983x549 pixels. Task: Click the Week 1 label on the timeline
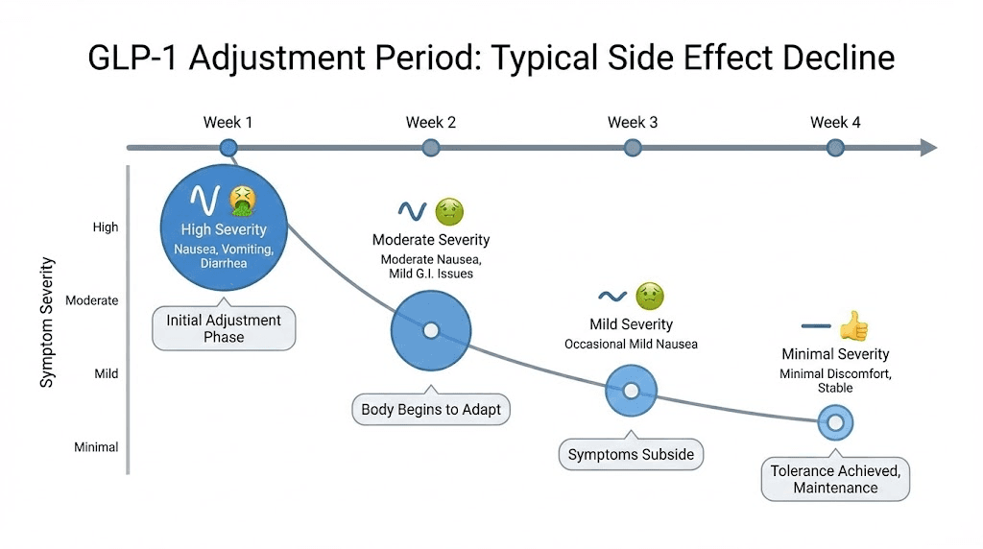tap(228, 122)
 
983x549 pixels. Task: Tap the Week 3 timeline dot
tap(632, 148)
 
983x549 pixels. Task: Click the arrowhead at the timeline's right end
tap(927, 148)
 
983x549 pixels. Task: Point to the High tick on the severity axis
tap(106, 227)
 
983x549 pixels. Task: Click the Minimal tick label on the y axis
tap(96, 446)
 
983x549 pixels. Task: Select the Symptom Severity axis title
tap(47, 322)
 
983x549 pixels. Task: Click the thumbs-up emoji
tap(853, 325)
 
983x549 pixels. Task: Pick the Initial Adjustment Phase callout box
tap(224, 328)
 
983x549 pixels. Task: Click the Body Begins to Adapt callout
tap(431, 410)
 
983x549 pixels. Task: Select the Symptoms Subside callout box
tap(631, 454)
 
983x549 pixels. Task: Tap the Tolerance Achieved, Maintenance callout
tap(835, 479)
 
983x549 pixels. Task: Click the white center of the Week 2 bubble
tap(431, 331)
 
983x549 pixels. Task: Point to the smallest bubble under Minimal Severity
tap(835, 421)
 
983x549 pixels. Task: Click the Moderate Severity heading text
tap(431, 240)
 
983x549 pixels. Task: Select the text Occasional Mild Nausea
tap(631, 344)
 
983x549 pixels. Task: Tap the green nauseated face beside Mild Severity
tap(650, 296)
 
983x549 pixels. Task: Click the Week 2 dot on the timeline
tap(431, 148)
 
